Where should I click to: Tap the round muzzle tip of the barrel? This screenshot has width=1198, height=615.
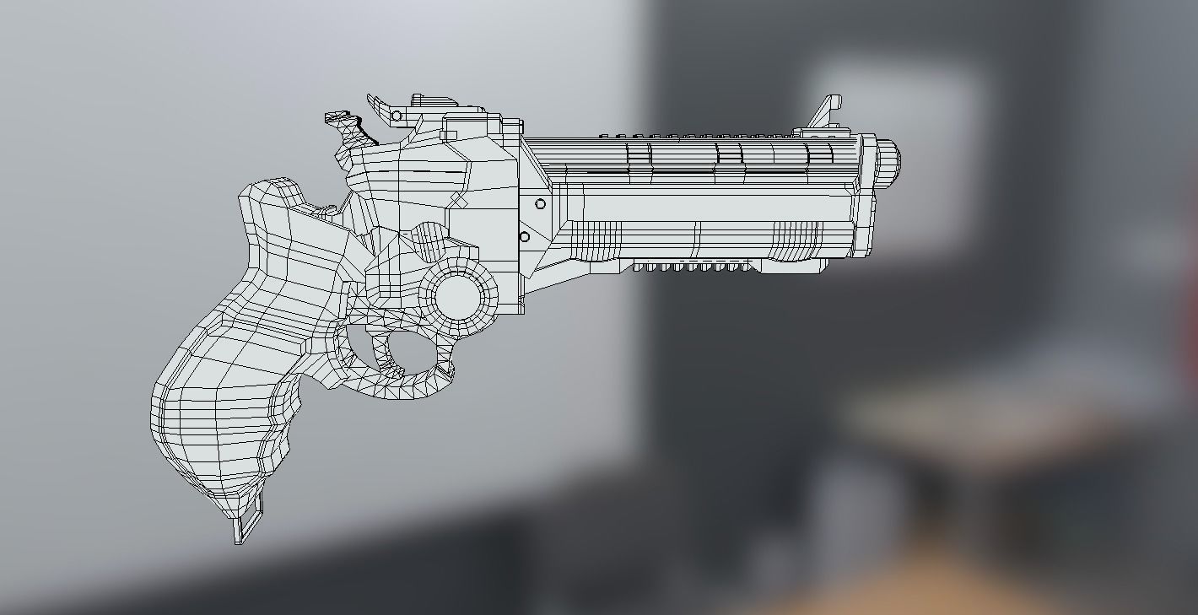click(888, 162)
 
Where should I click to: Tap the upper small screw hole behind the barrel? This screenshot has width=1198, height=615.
click(540, 204)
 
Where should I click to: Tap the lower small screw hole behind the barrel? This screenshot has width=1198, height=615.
click(524, 237)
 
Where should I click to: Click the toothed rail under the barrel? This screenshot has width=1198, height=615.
click(692, 267)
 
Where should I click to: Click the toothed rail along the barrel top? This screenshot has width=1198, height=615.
click(700, 135)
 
